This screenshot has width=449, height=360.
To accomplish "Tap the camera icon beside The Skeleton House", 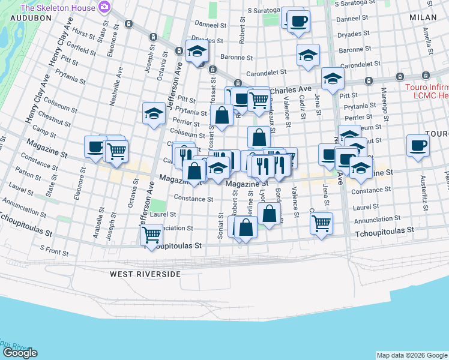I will (x=105, y=7).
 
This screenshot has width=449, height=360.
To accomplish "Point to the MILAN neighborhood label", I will (x=423, y=19).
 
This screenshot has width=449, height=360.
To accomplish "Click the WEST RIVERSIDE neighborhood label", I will (x=145, y=274).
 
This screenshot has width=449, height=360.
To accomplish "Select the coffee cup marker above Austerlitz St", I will (x=418, y=146).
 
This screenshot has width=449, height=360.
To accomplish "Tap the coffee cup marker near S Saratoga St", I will (x=298, y=22).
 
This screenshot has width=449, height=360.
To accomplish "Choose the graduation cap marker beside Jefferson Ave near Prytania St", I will (x=154, y=112).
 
